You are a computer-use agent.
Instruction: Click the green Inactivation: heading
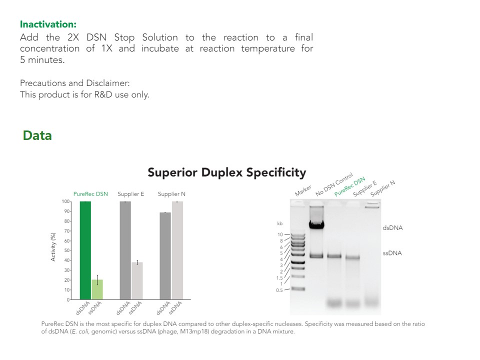pos(48,24)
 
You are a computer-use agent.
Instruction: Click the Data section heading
pos(37,135)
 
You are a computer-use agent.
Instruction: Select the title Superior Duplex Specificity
pos(227,172)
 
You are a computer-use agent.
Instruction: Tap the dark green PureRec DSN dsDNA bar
pos(85,250)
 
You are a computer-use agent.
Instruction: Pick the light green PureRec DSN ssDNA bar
pos(97,289)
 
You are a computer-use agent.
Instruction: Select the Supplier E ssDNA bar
pos(137,280)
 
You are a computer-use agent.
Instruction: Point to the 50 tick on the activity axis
pos(66,250)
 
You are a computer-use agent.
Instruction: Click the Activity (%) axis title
pos(53,246)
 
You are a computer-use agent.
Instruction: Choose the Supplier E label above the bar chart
pos(130,194)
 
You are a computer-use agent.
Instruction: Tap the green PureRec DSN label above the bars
pos(90,194)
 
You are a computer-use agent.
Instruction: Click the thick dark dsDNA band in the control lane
pos(316,225)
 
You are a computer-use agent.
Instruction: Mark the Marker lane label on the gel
pos(303,190)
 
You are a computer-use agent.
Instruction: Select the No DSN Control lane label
pos(334,184)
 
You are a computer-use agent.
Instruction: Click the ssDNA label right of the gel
pos(392,253)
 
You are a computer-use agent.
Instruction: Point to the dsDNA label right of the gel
pos(393,228)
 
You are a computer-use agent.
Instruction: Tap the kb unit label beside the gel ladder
pos(280,223)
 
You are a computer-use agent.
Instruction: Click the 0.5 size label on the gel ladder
pos(279,290)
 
